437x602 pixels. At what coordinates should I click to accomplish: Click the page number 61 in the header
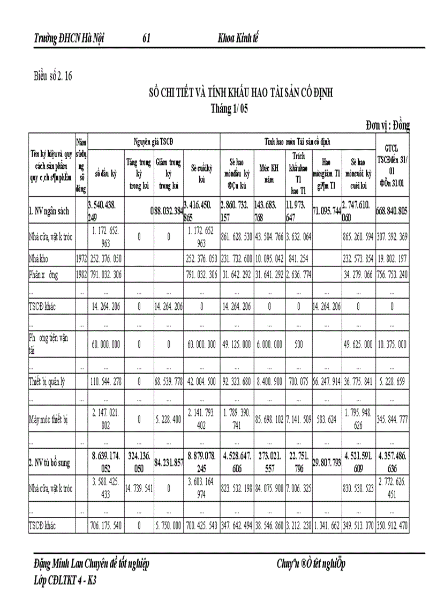[x=146, y=39]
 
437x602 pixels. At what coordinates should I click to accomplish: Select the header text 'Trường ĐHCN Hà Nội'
[x=69, y=39]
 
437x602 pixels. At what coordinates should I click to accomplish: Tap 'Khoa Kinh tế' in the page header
[x=238, y=39]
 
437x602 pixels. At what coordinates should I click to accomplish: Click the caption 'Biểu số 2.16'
[x=52, y=76]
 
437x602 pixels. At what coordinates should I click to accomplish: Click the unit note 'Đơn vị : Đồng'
[x=388, y=126]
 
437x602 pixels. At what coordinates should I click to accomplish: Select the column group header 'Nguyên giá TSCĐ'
[x=154, y=141]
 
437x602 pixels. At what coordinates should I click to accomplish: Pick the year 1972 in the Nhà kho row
[x=81, y=258]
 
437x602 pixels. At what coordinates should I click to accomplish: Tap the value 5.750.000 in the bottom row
[x=168, y=526]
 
